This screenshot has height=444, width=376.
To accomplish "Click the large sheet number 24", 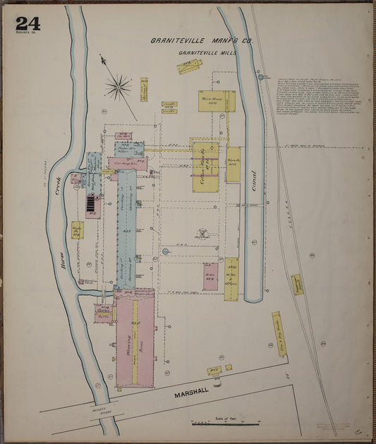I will click(x=28, y=23).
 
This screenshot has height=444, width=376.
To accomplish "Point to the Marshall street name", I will click(x=192, y=394).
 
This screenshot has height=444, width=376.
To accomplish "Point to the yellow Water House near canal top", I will click(x=212, y=101).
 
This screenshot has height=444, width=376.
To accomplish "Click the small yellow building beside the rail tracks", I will click(x=297, y=284).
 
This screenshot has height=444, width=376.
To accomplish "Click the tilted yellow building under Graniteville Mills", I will click(x=189, y=67).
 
